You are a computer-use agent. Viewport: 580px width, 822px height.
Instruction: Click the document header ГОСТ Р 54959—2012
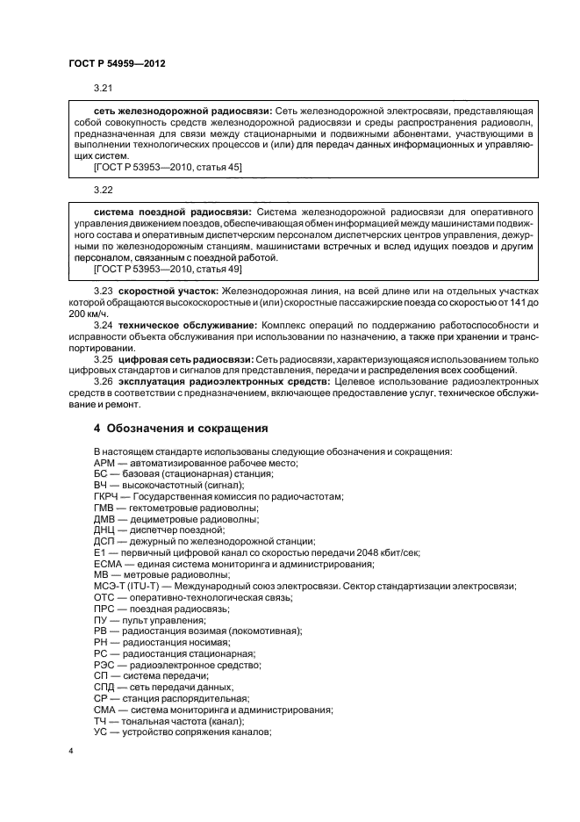click(x=117, y=64)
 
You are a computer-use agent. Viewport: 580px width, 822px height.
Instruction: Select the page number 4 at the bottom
click(x=73, y=752)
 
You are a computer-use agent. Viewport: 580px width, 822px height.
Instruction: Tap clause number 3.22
click(x=104, y=190)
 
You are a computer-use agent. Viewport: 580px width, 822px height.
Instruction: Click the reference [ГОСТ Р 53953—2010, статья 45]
click(x=168, y=165)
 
